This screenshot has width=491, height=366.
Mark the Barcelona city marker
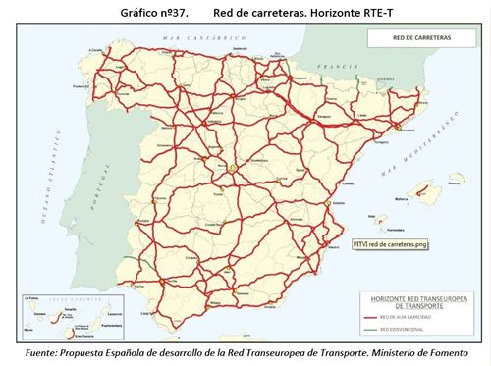click(x=396, y=128)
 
